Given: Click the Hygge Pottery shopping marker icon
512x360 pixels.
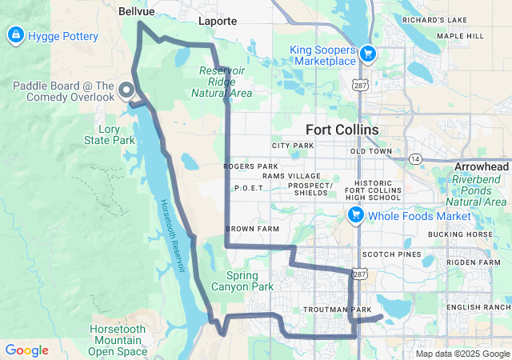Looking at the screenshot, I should [14, 36].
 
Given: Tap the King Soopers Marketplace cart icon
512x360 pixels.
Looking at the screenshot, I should [367, 54].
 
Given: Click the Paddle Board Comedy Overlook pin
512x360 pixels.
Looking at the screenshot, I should [126, 90].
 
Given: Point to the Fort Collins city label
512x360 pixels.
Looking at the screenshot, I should [342, 130].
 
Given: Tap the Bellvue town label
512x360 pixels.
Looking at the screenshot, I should [134, 12].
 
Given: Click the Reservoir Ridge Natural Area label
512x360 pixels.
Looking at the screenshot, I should [222, 82].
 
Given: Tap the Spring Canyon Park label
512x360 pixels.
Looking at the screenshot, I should [243, 281].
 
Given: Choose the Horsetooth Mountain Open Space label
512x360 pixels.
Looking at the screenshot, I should [118, 340].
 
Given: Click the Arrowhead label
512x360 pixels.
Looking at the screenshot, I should [481, 166].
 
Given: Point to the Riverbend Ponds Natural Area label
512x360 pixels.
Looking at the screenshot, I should [479, 190].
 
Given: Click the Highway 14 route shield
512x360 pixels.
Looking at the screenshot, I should [414, 158].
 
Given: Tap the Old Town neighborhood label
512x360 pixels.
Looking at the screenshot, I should [371, 151].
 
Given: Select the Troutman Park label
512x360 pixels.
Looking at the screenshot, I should [338, 309].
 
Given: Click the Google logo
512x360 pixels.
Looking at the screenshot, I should [26, 350].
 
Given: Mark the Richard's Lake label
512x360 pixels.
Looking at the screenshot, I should [434, 19].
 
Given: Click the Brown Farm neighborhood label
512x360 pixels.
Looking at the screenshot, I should [250, 229].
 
